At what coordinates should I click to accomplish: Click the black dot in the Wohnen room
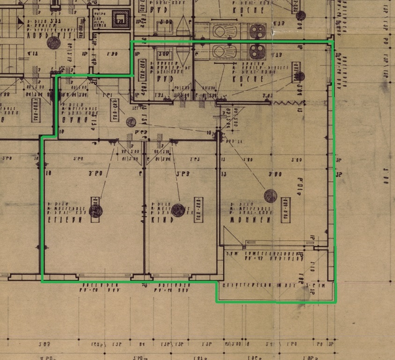(x=270, y=195)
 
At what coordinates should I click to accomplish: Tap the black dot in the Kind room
(x=179, y=210)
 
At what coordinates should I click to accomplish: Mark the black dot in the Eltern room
(x=96, y=210)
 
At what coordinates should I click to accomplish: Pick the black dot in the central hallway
(x=131, y=122)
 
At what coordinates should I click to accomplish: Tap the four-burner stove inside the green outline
(x=254, y=52)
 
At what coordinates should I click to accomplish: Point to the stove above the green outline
(x=255, y=29)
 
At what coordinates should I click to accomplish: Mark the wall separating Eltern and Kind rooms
(x=143, y=209)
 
